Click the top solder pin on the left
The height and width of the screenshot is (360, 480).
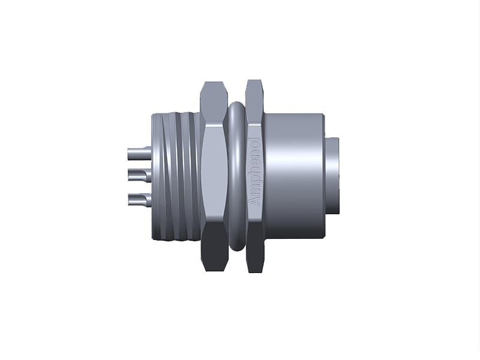(137, 152)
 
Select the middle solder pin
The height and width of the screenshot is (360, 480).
(137, 175)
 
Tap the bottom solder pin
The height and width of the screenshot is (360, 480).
(137, 199)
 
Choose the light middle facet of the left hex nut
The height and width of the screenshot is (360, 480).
(213, 174)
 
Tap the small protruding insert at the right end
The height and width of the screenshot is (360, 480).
(332, 174)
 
